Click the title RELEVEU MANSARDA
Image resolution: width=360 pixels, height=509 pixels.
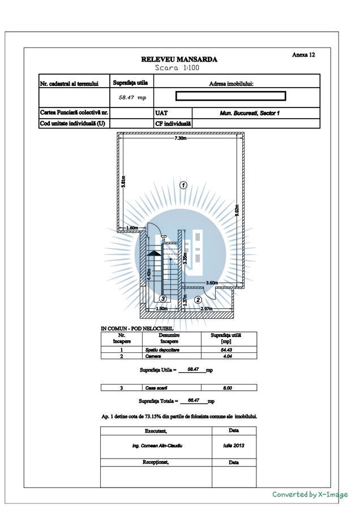click(x=179, y=59)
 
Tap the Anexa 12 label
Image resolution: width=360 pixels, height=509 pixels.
click(x=303, y=55)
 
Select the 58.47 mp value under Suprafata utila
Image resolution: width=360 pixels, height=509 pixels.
click(x=132, y=97)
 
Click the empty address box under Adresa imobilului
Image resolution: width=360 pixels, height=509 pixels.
click(x=230, y=96)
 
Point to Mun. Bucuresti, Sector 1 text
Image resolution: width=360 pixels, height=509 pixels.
click(x=250, y=113)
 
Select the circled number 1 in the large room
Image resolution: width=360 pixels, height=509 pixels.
click(x=183, y=184)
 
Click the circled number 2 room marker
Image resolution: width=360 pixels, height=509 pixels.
click(x=198, y=299)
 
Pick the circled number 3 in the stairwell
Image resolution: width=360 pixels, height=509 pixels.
click(x=162, y=299)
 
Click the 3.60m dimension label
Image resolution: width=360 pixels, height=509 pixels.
click(x=212, y=283)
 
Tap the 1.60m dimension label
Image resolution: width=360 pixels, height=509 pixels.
click(x=132, y=228)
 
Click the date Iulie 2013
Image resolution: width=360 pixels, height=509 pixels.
click(x=233, y=445)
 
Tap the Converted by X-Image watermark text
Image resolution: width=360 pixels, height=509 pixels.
click(x=310, y=494)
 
